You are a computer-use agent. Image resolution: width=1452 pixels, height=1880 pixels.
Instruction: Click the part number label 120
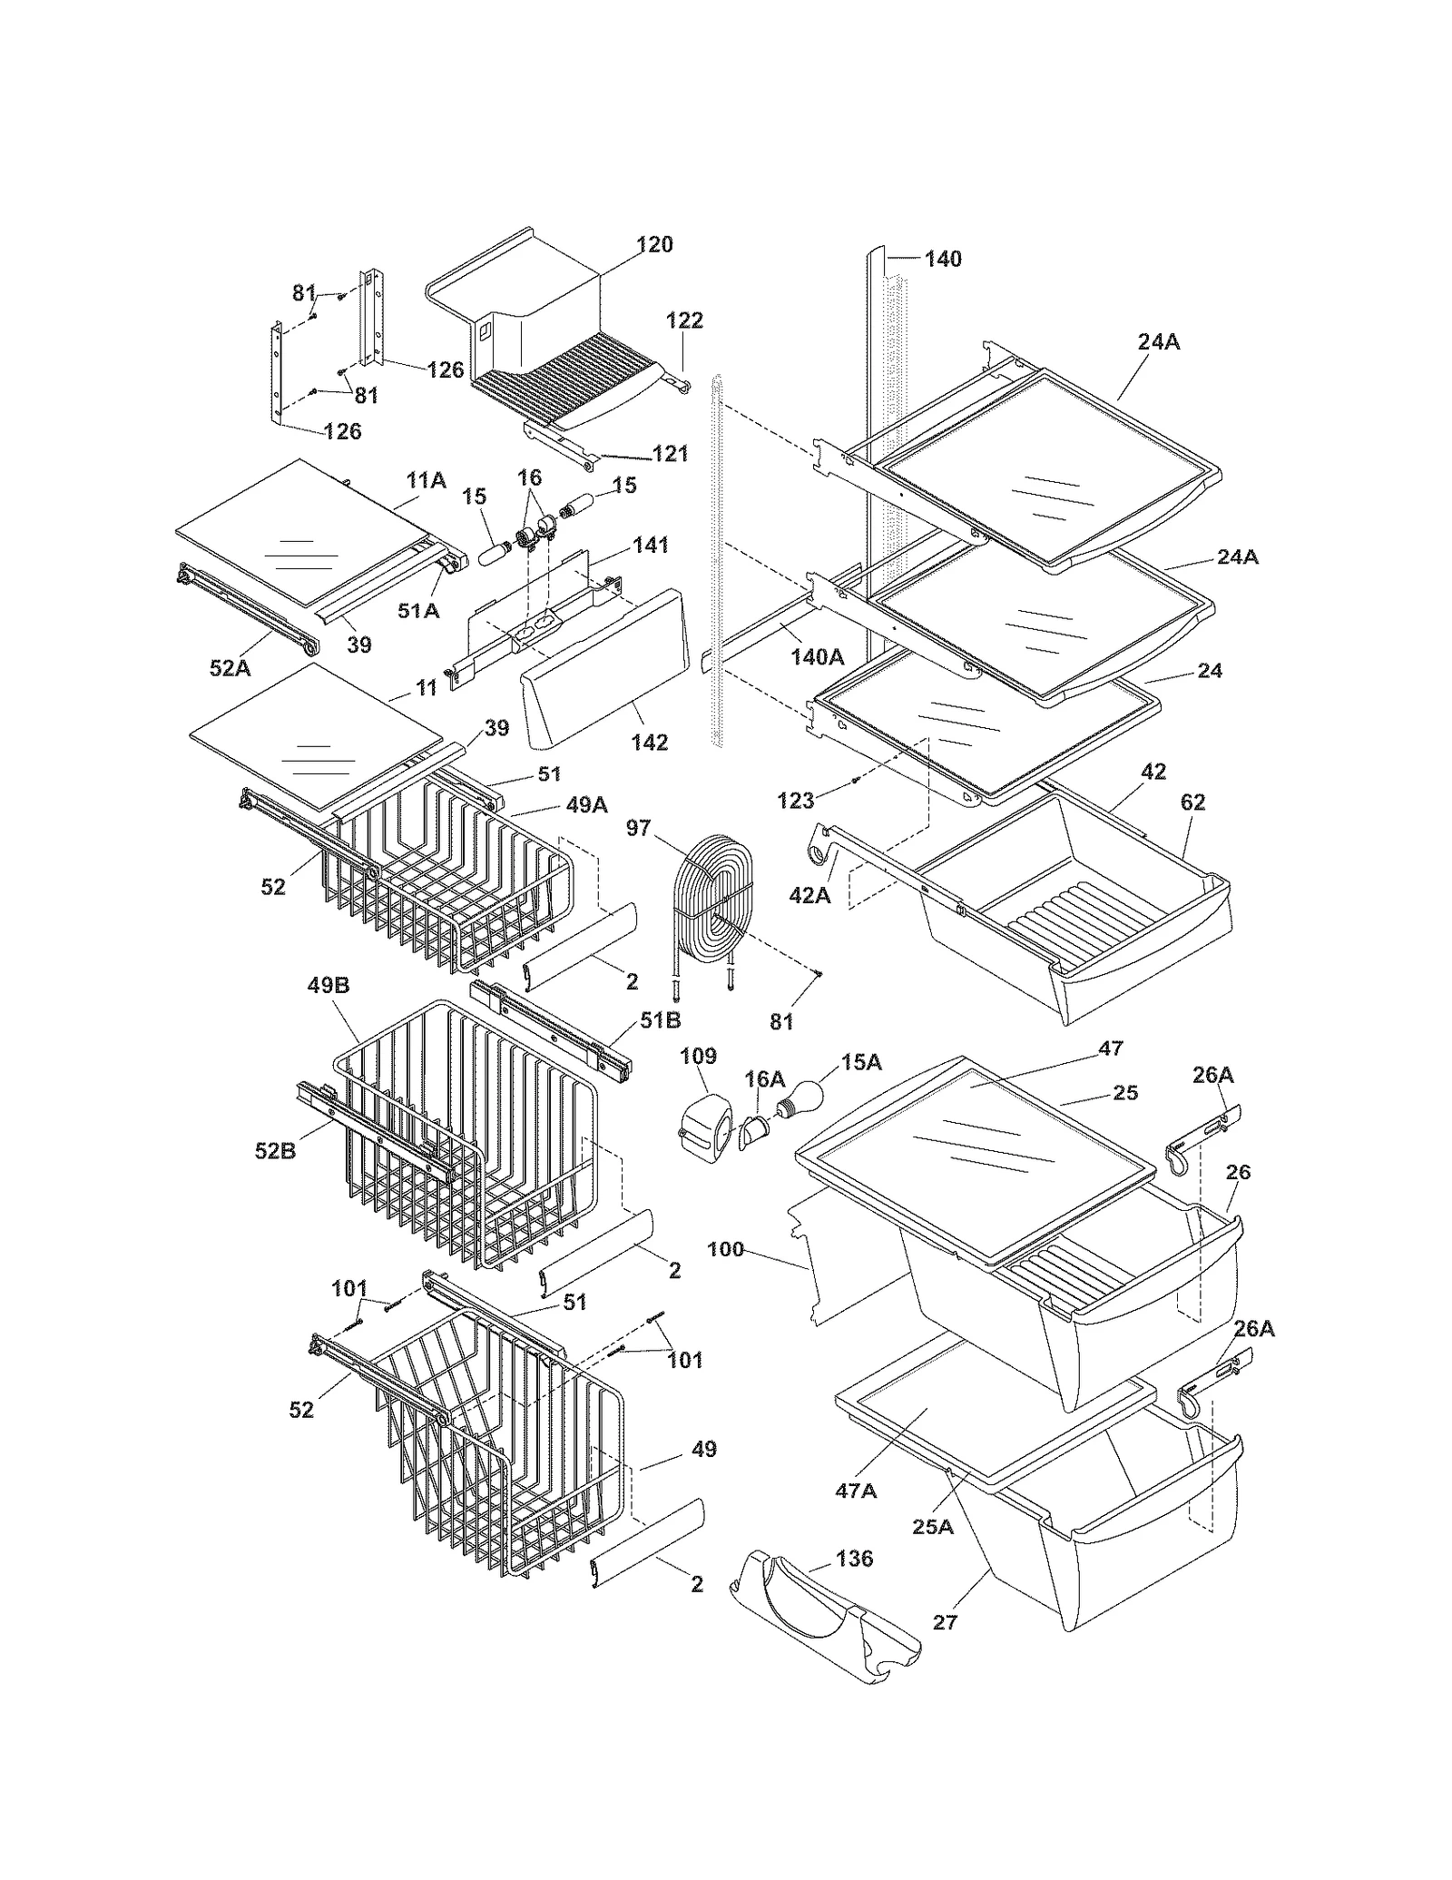click(x=654, y=244)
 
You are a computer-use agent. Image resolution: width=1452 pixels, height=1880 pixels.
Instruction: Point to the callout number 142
click(x=649, y=743)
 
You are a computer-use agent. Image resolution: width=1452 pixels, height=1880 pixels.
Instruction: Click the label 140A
click(x=817, y=656)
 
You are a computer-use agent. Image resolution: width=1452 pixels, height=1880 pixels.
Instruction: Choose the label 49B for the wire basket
click(x=329, y=985)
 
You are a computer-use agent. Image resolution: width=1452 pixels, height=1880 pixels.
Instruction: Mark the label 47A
click(x=856, y=1491)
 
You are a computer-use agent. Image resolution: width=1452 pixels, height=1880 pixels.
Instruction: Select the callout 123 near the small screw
click(x=797, y=800)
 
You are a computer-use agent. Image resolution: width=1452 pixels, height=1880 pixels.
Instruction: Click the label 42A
click(x=809, y=895)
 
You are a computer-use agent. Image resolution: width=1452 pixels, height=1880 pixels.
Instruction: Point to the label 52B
click(x=275, y=1151)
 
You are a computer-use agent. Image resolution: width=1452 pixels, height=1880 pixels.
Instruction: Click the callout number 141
click(x=650, y=545)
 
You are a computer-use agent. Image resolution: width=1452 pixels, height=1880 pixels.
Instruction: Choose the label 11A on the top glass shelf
click(x=426, y=480)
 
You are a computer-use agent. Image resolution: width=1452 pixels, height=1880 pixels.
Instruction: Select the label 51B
click(x=660, y=1019)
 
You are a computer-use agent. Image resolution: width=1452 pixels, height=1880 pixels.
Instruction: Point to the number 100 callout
click(x=725, y=1249)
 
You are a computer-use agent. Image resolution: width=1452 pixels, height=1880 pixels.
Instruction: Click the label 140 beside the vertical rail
click(x=943, y=259)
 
